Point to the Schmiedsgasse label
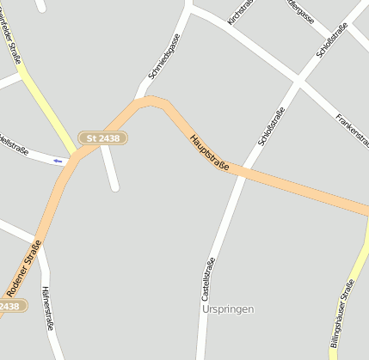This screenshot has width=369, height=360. click(163, 57)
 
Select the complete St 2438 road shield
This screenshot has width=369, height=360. click(103, 137)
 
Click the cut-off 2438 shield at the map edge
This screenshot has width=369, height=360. click(9, 306)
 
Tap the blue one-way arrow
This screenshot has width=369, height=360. click(58, 161)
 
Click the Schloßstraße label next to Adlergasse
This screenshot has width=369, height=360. click(332, 40)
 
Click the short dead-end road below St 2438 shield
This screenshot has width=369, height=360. click(110, 168)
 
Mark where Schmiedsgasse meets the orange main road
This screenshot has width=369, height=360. click(138, 101)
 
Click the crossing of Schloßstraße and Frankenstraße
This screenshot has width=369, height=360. click(299, 82)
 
